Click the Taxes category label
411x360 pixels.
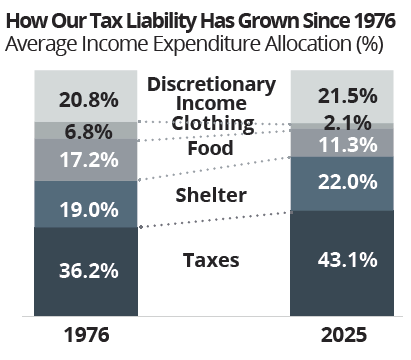[x=211, y=260]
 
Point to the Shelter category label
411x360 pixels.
[x=211, y=194]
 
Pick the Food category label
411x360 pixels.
[x=211, y=148]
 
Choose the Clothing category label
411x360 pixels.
[x=211, y=123]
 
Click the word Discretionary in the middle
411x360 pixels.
[x=211, y=84]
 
